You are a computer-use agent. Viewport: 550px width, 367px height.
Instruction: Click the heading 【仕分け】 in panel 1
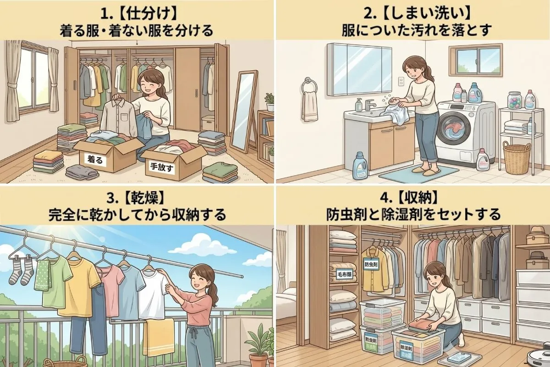(x=137, y=10)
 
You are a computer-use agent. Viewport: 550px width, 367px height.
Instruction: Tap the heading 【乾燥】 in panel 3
(x=137, y=199)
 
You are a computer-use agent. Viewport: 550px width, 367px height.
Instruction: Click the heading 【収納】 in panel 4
(x=412, y=199)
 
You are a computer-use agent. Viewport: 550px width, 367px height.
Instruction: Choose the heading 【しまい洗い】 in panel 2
(x=412, y=10)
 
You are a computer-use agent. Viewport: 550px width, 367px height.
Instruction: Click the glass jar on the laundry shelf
(x=515, y=99)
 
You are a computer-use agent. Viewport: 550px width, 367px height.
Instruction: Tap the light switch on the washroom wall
(x=400, y=82)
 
